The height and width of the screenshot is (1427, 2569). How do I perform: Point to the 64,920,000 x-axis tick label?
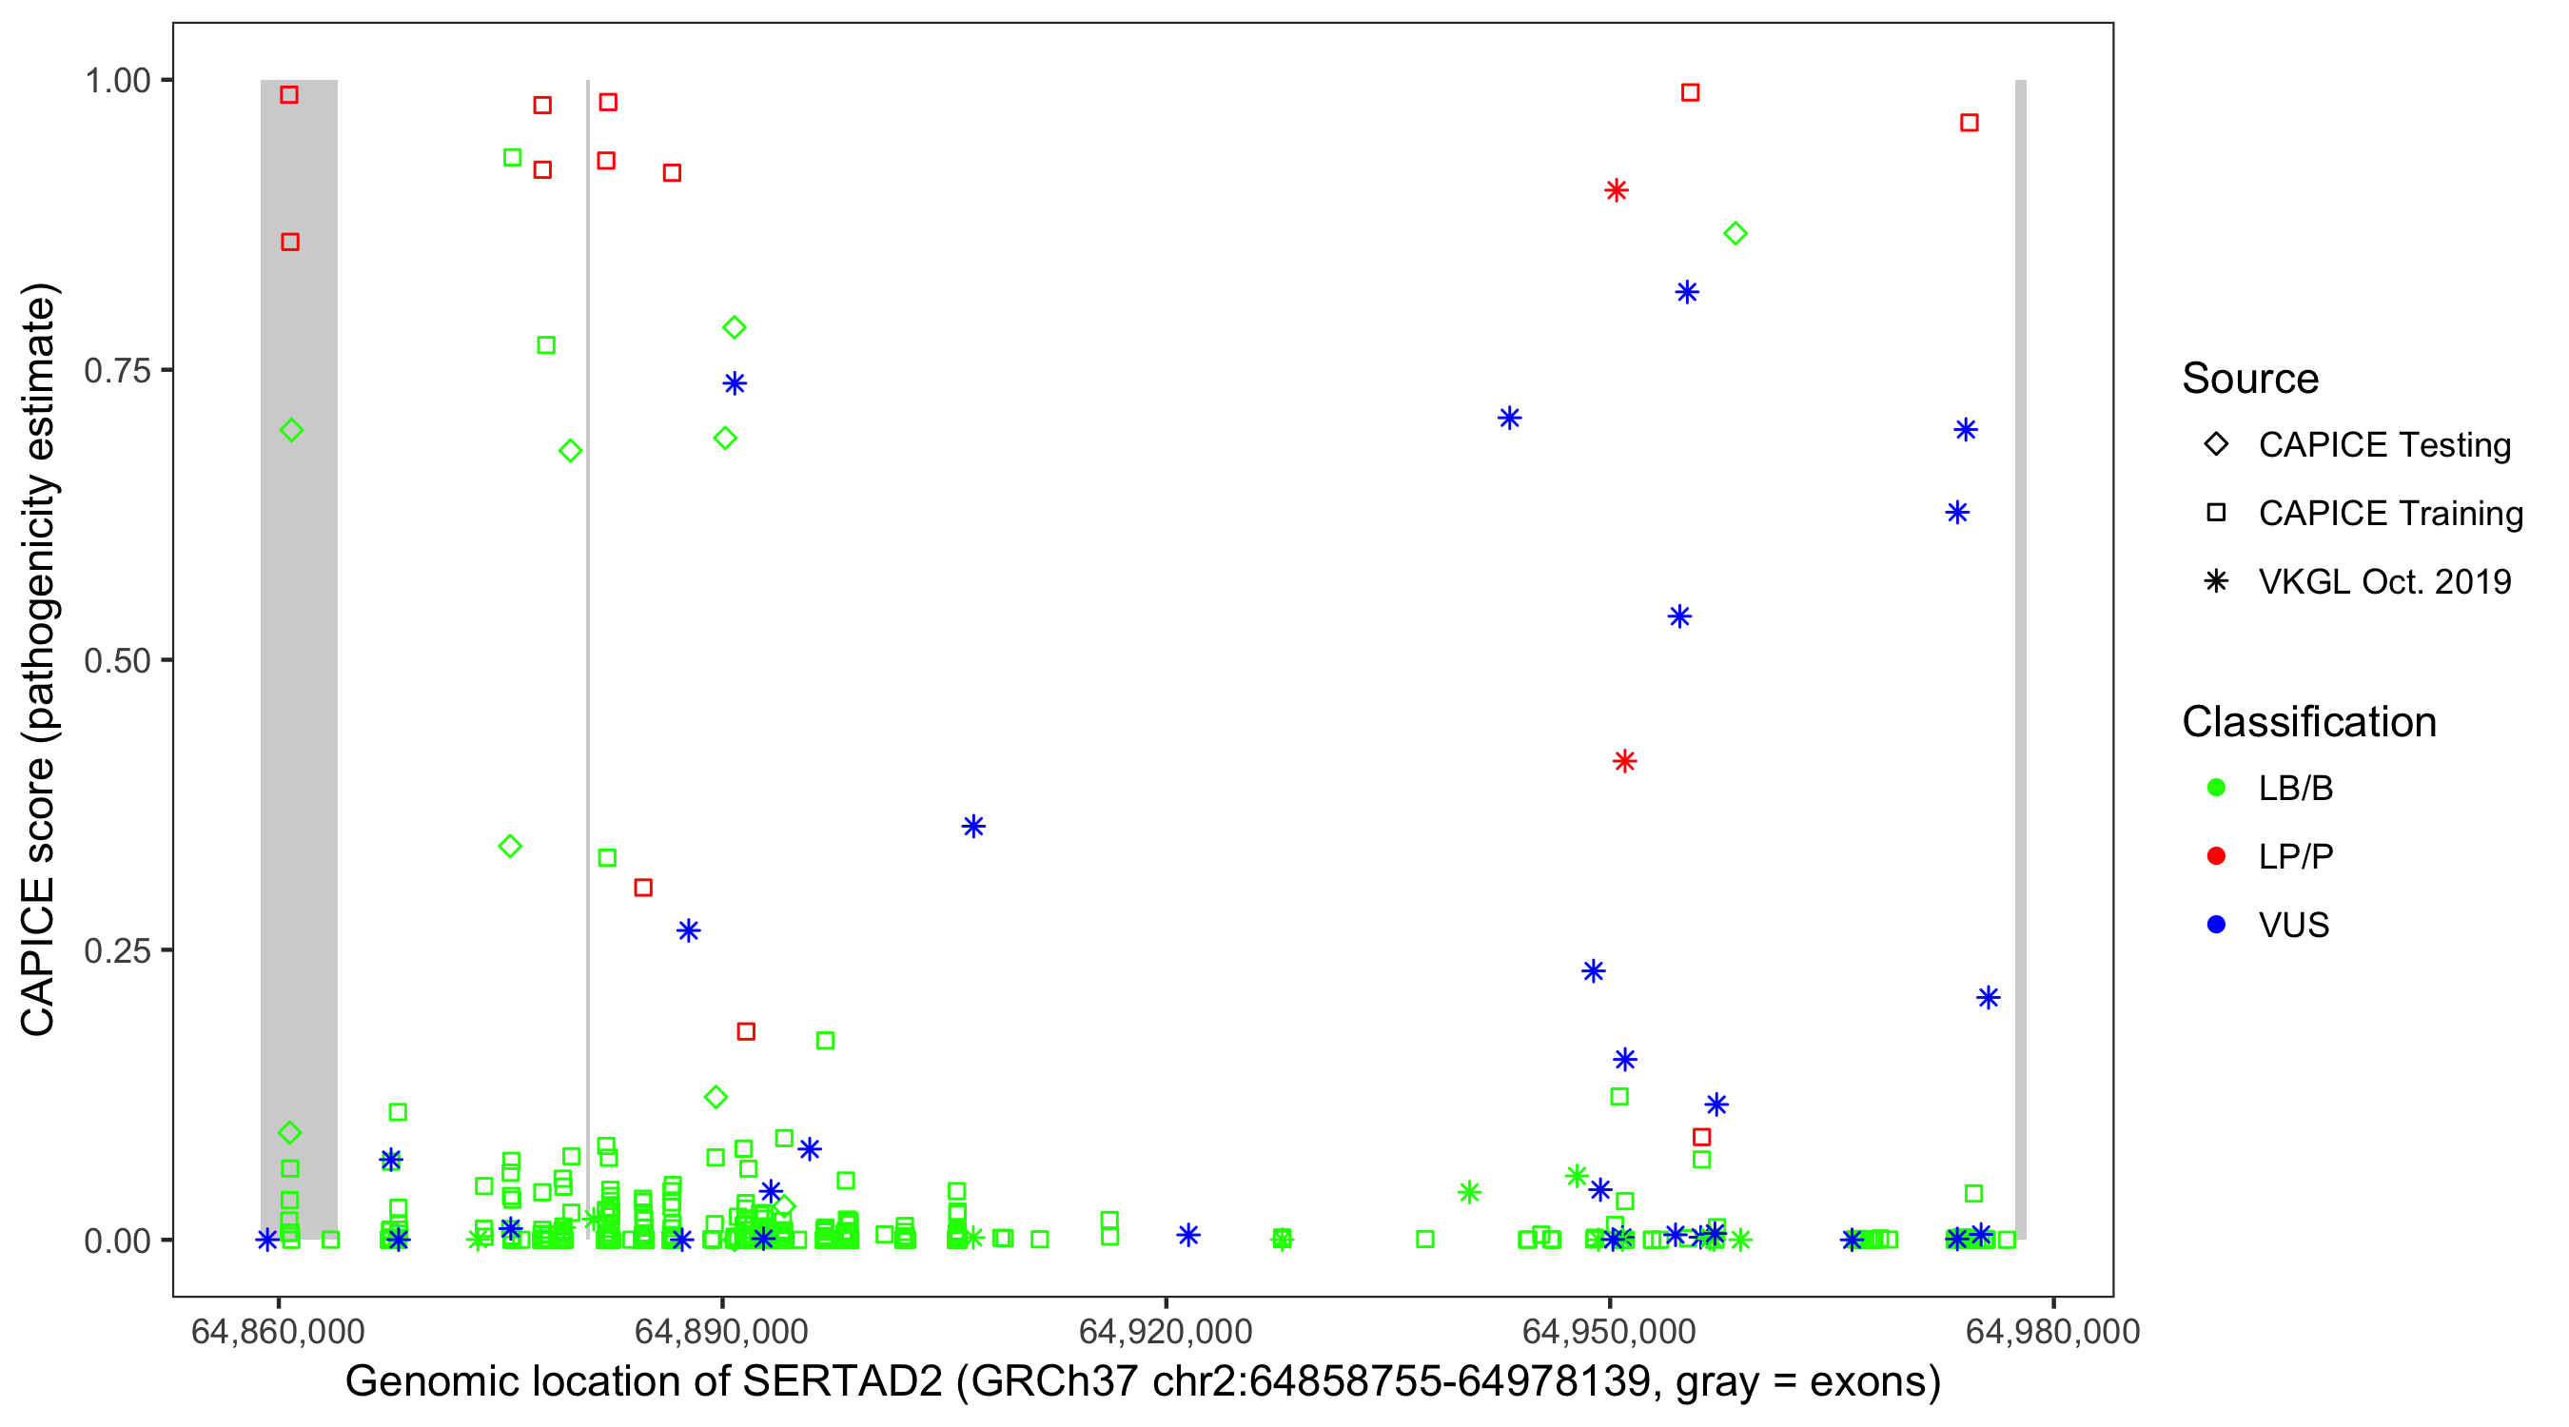[x=1165, y=1331]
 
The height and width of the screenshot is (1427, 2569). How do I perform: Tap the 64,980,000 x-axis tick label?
[x=2052, y=1331]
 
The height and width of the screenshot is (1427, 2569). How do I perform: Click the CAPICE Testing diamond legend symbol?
[x=2216, y=445]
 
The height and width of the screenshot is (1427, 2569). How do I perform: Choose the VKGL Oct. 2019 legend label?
[x=2384, y=581]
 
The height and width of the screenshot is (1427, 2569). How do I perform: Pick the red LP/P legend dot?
[x=2216, y=856]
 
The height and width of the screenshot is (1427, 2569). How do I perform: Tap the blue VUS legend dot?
[x=2216, y=925]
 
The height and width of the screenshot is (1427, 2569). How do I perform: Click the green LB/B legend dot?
[x=2216, y=788]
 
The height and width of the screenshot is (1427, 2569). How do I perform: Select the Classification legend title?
[x=2308, y=721]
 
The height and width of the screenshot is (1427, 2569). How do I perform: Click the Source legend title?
[x=2250, y=378]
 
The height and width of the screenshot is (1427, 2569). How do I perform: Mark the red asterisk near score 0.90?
[x=1617, y=190]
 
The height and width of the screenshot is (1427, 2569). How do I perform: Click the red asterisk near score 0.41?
[x=1624, y=762]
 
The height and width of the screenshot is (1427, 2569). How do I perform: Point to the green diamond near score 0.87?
[x=1736, y=233]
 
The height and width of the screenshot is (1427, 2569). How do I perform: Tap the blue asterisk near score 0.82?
[x=1686, y=292]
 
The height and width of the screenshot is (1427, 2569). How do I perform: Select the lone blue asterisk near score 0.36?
[x=973, y=826]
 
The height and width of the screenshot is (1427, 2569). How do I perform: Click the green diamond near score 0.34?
[x=510, y=847]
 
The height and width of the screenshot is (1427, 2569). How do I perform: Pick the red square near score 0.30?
[x=643, y=888]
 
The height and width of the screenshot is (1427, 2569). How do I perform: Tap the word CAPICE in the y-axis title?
[x=38, y=956]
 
